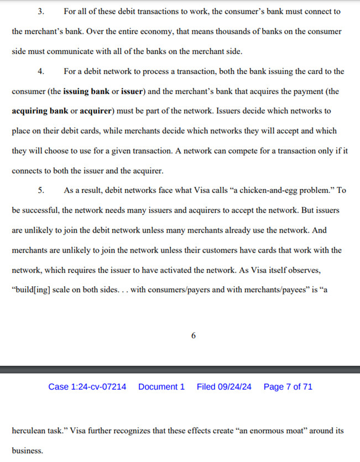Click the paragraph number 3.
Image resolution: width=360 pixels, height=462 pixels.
[40, 11]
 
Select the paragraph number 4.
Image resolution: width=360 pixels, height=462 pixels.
[40, 71]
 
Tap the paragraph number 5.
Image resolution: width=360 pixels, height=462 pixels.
[40, 190]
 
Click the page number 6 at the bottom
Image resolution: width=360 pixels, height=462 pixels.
[194, 335]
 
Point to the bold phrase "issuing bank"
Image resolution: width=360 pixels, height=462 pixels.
[86, 91]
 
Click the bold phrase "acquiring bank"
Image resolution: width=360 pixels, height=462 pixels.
[39, 111]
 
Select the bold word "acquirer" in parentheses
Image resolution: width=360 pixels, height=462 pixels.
[96, 111]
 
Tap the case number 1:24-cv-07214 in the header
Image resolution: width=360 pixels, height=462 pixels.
[87, 387]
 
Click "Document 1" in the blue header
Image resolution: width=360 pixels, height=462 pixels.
[161, 387]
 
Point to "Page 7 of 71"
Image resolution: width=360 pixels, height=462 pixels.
[288, 387]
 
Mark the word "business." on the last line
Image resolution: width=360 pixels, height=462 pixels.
[27, 450]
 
